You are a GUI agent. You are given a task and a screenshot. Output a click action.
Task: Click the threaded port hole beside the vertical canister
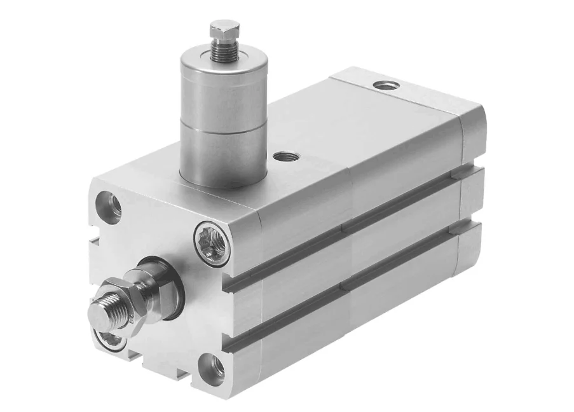(x=281, y=156)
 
